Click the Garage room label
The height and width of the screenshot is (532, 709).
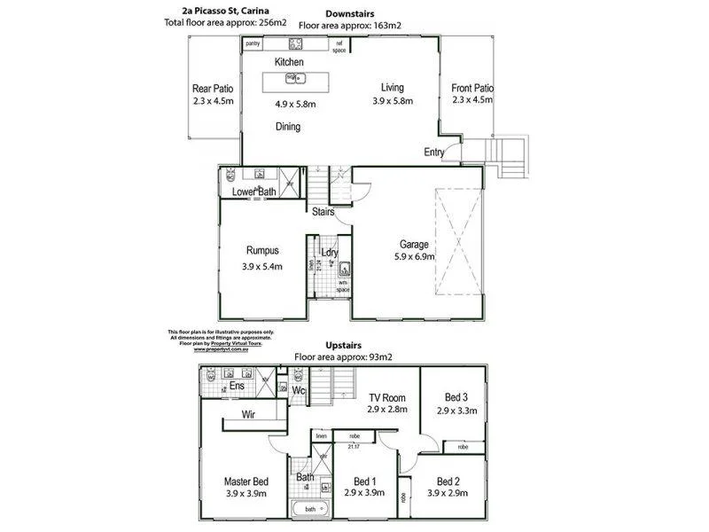pos(414,245)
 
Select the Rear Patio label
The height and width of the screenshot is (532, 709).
pos(213,89)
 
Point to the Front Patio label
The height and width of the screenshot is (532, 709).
pos(472,89)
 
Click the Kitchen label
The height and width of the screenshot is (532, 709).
pos(289,62)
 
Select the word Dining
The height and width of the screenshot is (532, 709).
pos(287,127)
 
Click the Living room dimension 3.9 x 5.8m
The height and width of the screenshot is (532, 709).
pos(393,103)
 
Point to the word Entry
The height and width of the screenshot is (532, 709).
pos(434,153)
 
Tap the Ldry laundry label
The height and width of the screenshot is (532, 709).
pos(330,253)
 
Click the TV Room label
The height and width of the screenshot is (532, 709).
pos(386,398)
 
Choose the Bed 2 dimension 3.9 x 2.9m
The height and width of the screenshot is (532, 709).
pos(453,493)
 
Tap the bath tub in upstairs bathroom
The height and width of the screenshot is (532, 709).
pos(309,510)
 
